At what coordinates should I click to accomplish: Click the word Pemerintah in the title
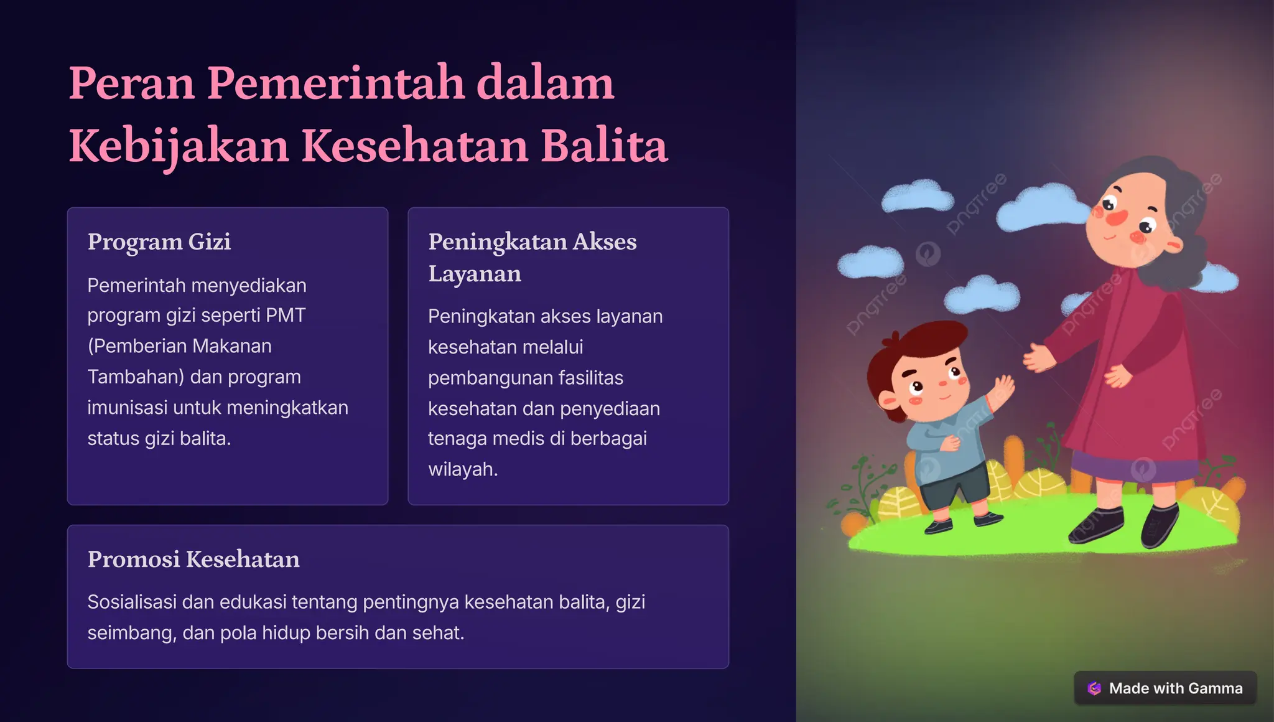335,83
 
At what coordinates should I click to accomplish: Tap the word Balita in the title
604,147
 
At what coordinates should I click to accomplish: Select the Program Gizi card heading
159,241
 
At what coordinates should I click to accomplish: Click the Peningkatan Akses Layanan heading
532,257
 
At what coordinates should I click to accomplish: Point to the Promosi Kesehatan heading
193,559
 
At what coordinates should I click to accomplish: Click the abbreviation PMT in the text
286,315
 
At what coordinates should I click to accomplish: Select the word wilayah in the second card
462,469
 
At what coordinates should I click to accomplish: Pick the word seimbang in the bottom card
132,633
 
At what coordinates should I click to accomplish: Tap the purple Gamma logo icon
1094,688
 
